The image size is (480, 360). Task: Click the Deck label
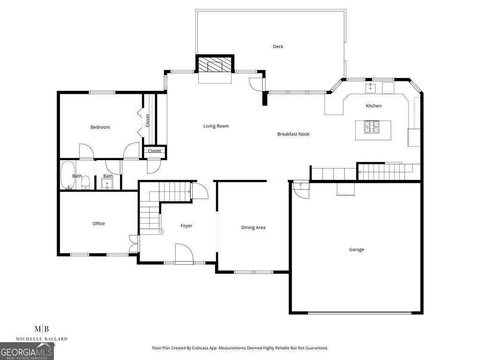click(278, 46)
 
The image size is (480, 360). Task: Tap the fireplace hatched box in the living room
click(215, 64)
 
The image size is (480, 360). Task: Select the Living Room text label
click(216, 126)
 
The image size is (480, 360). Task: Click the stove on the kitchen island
click(373, 125)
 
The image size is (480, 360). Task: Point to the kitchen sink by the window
click(371, 87)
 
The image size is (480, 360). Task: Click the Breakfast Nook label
click(293, 134)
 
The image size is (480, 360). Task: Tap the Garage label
click(356, 250)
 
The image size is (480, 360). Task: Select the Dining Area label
click(253, 228)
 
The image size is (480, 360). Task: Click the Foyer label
click(186, 226)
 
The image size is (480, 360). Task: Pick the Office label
click(98, 224)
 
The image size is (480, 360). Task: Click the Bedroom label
click(100, 127)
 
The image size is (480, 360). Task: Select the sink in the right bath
click(106, 183)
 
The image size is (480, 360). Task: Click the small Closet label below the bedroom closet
click(154, 151)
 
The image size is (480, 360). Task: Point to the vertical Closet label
click(147, 121)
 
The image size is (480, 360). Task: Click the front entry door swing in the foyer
click(184, 254)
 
